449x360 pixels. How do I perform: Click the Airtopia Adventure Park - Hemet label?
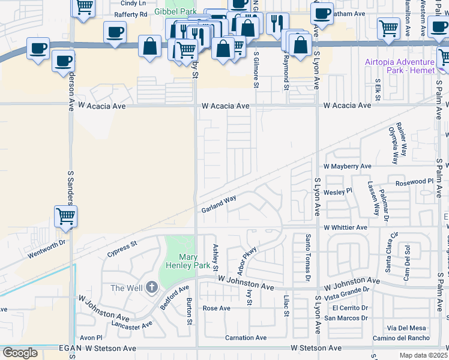tap(399, 67)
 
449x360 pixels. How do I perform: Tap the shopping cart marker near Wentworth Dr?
tap(65, 216)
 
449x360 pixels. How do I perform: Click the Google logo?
tap(20, 353)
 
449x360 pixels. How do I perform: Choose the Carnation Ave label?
tap(246, 338)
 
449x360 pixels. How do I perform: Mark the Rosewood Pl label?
tap(414, 181)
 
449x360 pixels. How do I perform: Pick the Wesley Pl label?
tap(337, 192)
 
